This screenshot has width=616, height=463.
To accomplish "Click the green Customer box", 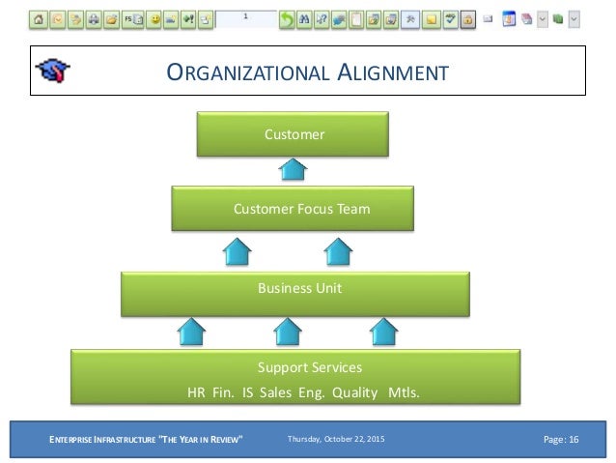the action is click(x=294, y=134).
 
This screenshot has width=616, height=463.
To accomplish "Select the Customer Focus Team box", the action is click(x=294, y=209).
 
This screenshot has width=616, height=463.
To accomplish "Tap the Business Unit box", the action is click(x=294, y=288).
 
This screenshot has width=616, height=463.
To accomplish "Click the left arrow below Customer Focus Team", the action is click(x=238, y=252).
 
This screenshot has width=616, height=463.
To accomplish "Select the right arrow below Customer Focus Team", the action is click(x=338, y=252).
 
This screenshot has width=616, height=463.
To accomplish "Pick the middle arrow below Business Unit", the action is click(x=289, y=332).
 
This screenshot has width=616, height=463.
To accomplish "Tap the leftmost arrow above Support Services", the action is click(x=192, y=332).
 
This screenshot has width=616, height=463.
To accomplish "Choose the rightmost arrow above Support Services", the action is click(x=385, y=332).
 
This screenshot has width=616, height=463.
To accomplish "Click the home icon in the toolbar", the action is click(x=40, y=18).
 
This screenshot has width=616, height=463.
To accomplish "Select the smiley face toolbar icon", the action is click(x=154, y=18).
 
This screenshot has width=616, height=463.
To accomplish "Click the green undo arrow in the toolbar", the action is click(x=287, y=18).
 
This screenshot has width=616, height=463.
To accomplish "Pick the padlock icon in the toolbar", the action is click(x=467, y=18).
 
